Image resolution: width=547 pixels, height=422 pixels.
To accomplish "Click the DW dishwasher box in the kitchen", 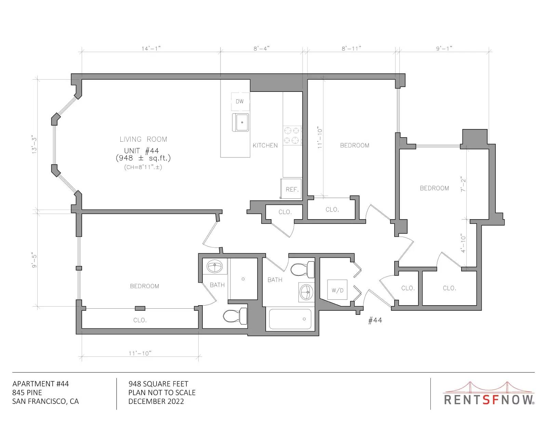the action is [x=240, y=101].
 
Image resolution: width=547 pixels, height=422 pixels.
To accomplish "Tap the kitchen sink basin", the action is [x=240, y=123].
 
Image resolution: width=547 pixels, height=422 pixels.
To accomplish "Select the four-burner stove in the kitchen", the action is [x=292, y=136].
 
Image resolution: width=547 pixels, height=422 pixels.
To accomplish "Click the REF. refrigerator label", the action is [x=292, y=189].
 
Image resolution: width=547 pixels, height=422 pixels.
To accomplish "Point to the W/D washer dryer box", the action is [x=337, y=290].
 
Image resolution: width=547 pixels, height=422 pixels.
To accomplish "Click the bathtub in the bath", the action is [x=290, y=319].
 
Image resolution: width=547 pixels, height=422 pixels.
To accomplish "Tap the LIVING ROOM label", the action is [x=143, y=139].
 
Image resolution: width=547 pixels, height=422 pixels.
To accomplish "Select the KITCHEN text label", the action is [x=265, y=145].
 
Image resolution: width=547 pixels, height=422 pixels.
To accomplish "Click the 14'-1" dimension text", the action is [x=151, y=48].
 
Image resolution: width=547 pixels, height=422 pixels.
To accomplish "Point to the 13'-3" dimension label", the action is [x=34, y=145].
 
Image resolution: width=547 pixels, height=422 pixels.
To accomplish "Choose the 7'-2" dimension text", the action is [x=463, y=184].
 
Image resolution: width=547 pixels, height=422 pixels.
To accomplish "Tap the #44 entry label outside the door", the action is [x=375, y=320].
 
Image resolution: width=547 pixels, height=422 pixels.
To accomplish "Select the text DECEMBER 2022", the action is [x=156, y=402].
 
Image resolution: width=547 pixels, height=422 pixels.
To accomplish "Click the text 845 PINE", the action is [x=27, y=393].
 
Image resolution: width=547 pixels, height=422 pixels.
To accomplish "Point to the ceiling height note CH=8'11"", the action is [x=143, y=167].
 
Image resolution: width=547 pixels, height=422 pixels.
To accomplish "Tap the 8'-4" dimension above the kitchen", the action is [x=262, y=48].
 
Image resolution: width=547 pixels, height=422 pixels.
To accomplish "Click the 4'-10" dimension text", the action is [x=463, y=243].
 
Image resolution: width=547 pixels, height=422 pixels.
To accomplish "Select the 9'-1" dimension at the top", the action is [x=444, y=48].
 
